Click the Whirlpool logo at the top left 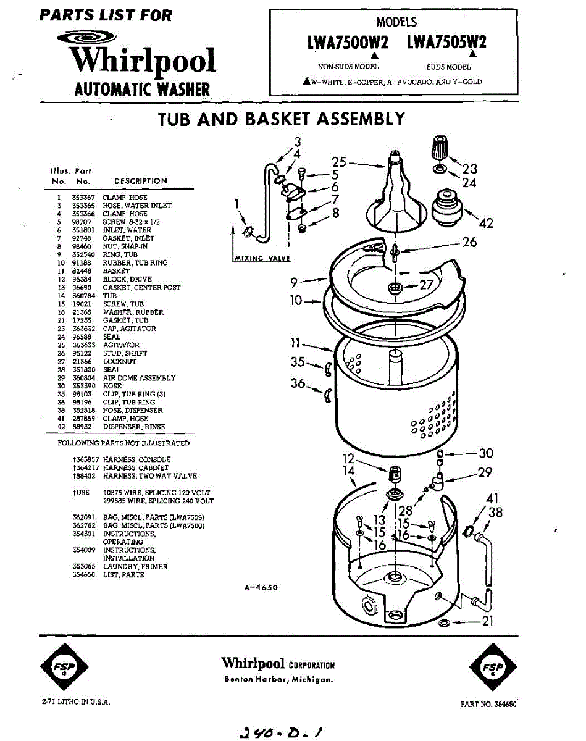pos(142,59)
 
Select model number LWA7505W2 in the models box pos(446,42)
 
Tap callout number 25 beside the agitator pos(339,162)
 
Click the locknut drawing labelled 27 pos(395,288)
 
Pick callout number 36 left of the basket pos(298,383)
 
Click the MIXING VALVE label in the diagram pos(262,259)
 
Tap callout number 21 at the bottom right pos(487,621)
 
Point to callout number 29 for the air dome pos(485,472)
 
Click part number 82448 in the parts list pos(82,271)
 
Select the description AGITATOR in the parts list pos(121,345)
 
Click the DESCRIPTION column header pos(141,181)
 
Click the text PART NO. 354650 pos(488,704)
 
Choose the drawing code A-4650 pos(262,588)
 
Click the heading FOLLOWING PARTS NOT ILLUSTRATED pos(123,443)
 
